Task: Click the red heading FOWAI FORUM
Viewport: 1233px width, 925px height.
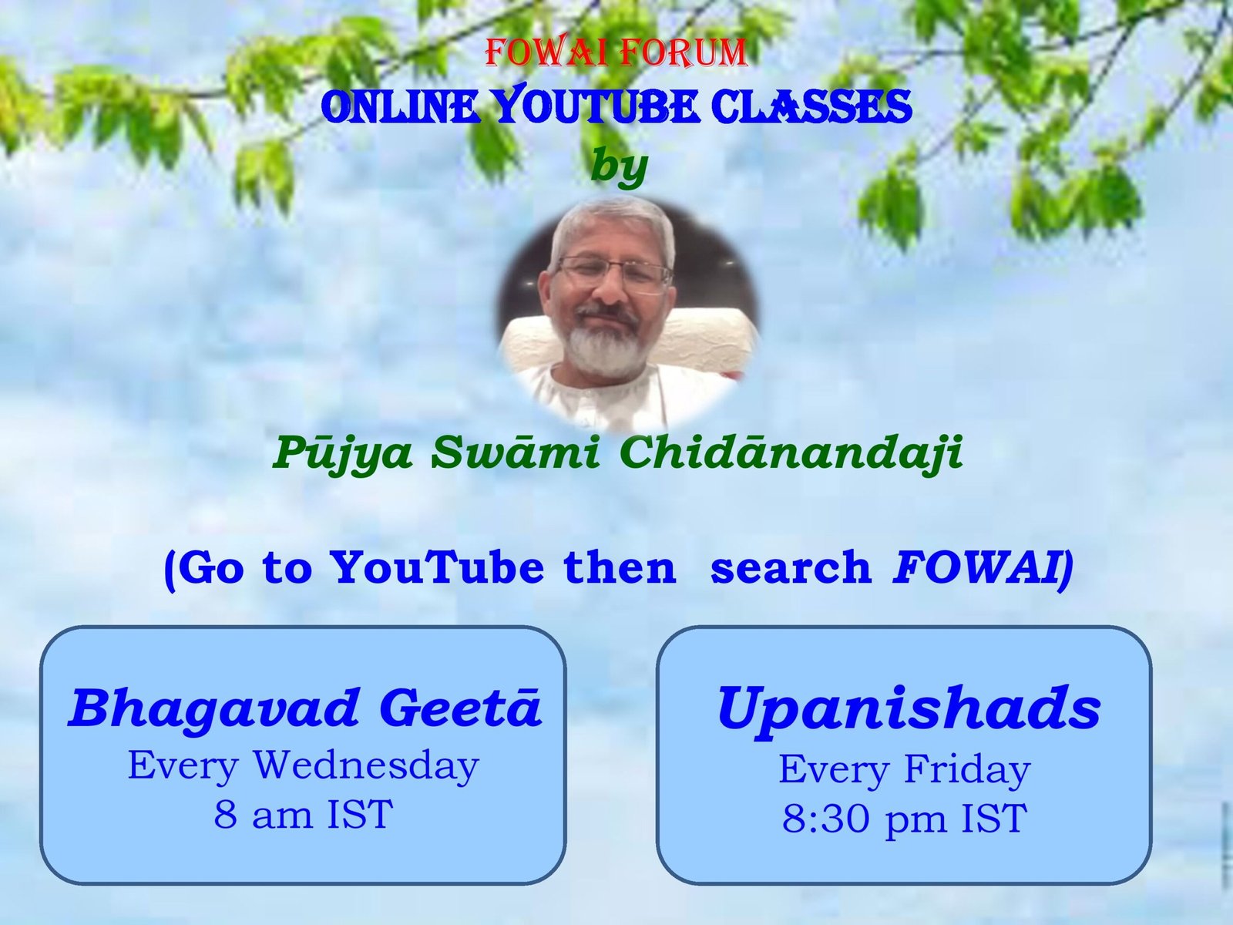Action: click(616, 52)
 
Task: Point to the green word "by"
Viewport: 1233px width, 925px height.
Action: click(619, 166)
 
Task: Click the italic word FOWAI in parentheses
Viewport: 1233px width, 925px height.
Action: click(976, 568)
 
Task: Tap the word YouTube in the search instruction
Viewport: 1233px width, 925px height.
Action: click(436, 567)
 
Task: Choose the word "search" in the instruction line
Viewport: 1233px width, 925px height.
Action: click(791, 568)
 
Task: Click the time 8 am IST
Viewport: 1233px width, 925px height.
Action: click(304, 814)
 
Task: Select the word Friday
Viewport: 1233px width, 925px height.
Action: click(966, 769)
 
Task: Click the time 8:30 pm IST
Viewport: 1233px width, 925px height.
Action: click(905, 819)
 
